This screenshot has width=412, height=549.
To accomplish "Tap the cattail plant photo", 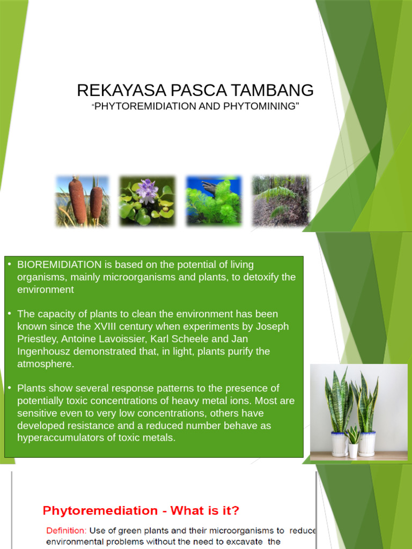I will point(83,201).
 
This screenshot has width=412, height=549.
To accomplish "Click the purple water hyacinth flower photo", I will point(147,201).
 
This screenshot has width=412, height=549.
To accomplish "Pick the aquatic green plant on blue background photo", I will point(214,201).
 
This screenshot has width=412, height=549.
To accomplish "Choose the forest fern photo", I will point(281,201).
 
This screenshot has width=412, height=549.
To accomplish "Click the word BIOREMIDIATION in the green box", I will point(60,265).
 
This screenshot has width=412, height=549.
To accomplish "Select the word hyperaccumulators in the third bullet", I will point(61,438).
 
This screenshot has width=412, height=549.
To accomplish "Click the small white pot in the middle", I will point(353,449).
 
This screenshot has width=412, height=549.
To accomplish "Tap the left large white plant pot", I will point(339,444).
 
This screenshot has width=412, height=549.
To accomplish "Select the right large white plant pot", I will point(367,444).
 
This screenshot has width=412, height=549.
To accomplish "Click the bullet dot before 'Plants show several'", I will point(9,387).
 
